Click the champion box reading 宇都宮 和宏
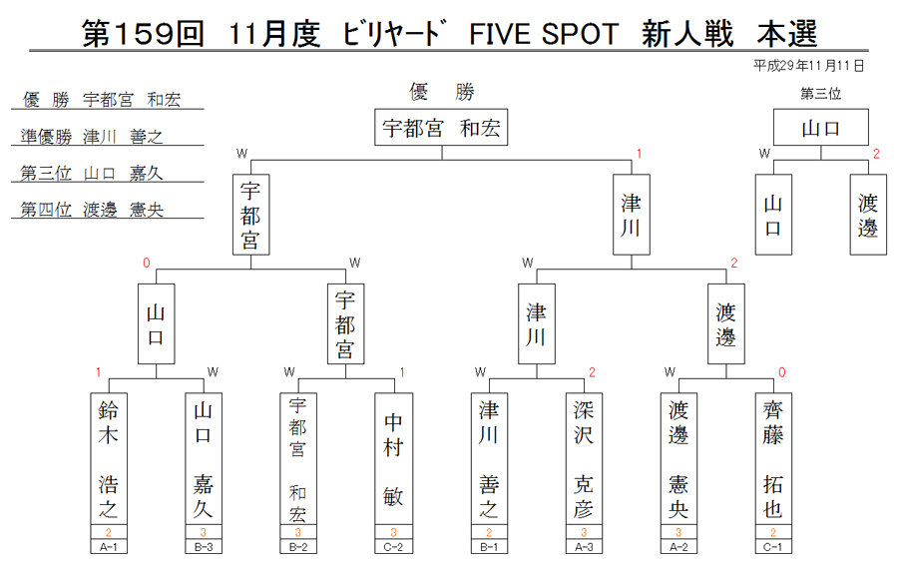point(441,127)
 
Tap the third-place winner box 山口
point(821,127)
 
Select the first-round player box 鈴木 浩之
point(109,458)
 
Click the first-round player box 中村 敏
point(393,458)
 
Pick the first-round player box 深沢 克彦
point(584,458)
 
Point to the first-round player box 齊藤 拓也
point(773,458)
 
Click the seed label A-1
point(109,547)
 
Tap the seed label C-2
point(393,547)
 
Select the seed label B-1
point(489,547)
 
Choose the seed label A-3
point(584,547)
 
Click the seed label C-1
point(773,547)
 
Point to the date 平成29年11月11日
point(808,66)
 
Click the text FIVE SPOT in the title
point(544,34)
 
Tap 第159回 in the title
point(143,33)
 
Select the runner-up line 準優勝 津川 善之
point(92,137)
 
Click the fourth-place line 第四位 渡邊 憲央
point(92,210)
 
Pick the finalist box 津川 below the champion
point(632,215)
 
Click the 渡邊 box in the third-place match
point(868,215)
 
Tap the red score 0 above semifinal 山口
point(147,263)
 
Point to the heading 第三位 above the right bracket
point(821,94)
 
